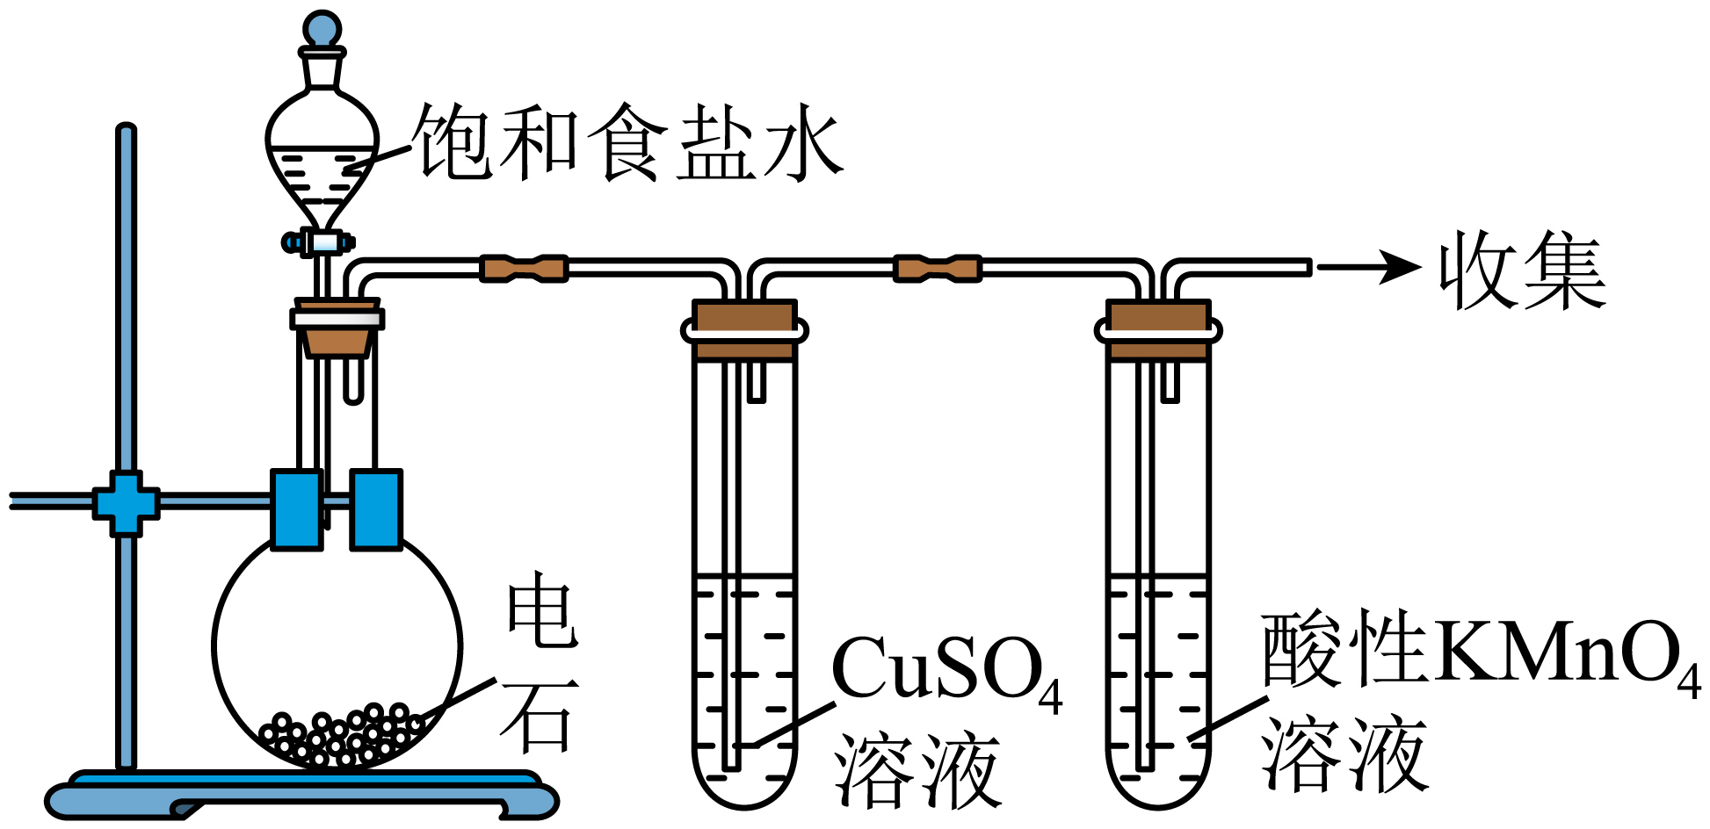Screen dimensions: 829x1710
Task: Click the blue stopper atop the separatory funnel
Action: (322, 28)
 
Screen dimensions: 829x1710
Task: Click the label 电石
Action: (540, 663)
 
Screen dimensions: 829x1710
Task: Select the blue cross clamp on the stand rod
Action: (127, 503)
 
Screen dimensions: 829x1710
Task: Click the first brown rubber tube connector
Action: (524, 268)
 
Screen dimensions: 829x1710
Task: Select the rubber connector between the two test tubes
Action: (937, 268)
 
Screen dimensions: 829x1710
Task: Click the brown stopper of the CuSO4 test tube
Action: (744, 330)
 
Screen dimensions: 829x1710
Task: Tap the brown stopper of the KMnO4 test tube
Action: (1158, 330)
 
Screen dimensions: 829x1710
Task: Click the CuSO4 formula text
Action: (946, 672)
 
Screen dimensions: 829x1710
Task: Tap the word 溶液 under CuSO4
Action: (917, 769)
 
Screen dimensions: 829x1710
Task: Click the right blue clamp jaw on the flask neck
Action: (376, 509)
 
